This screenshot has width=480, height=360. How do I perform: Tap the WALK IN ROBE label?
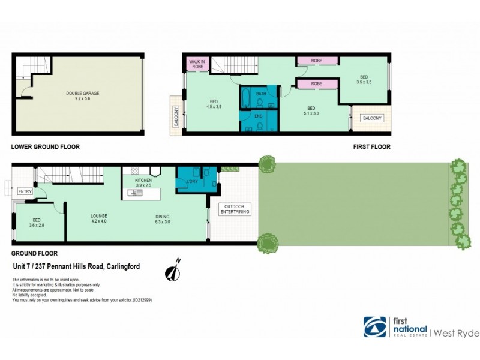[197, 64]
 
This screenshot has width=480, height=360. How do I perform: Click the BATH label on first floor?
[261, 94]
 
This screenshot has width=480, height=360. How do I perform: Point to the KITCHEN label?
[143, 180]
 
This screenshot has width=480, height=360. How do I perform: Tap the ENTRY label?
[25, 191]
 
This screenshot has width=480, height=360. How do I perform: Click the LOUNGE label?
[98, 217]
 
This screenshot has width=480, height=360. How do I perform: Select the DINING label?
[162, 217]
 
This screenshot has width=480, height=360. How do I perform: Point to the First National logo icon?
[375, 327]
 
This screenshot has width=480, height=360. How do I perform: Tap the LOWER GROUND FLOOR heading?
[46, 146]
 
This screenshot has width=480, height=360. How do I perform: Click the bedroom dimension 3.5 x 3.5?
[364, 82]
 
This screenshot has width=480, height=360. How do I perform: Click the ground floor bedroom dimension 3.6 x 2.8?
[37, 225]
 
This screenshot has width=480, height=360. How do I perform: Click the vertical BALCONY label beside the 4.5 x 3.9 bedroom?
[176, 115]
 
